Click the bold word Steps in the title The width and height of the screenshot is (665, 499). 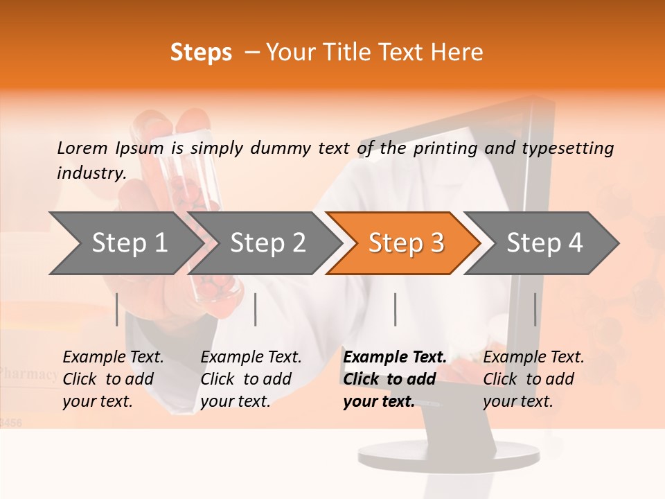(x=201, y=53)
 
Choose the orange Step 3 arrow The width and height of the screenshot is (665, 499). (x=406, y=243)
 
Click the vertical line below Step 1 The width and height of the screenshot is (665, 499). (x=116, y=309)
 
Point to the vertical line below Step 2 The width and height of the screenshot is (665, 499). (x=256, y=309)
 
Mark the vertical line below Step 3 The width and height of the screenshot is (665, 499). (x=395, y=309)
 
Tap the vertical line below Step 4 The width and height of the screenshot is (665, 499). (x=535, y=309)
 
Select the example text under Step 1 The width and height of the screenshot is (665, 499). (x=113, y=379)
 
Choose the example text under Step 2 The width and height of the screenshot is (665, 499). (x=251, y=379)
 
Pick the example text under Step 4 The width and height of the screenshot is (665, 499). (x=533, y=379)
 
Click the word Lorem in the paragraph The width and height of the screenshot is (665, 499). (x=82, y=148)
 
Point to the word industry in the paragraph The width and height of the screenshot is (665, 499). (x=90, y=173)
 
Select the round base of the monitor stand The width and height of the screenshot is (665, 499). (x=448, y=455)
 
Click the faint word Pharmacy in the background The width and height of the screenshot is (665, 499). (x=29, y=374)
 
